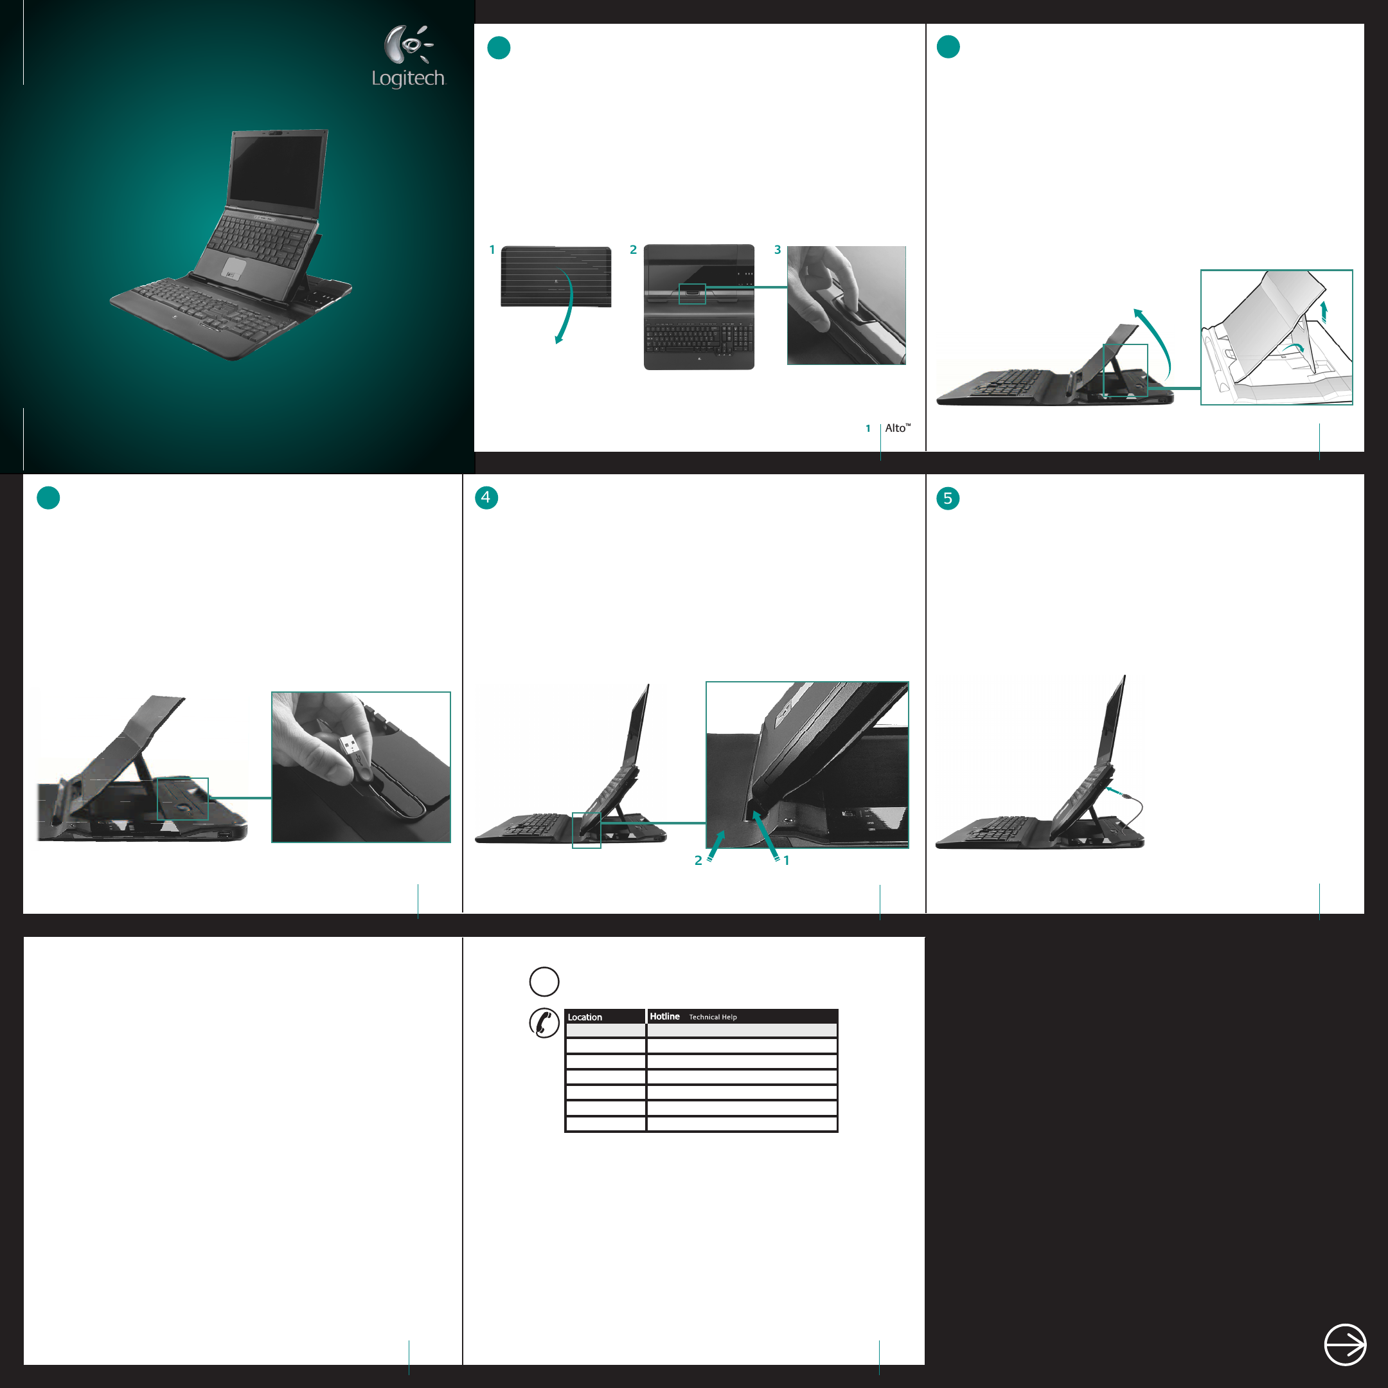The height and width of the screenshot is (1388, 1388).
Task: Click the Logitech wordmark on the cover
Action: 408,78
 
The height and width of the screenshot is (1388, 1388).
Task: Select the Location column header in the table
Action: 585,1017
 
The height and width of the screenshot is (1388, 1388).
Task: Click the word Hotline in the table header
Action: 664,1017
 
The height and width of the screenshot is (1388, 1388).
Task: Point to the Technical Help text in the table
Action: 713,1017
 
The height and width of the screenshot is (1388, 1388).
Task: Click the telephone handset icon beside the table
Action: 544,1023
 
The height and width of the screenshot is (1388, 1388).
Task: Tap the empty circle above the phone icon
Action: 544,981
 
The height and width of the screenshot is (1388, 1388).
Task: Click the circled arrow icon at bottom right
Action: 1345,1344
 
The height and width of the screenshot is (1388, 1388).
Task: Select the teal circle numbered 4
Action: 486,498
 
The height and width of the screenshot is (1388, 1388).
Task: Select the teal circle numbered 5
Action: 948,499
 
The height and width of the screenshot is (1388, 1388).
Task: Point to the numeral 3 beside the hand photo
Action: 778,250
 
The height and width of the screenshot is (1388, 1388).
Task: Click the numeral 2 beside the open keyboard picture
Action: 633,250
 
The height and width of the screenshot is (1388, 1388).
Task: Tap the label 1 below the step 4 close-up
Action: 787,860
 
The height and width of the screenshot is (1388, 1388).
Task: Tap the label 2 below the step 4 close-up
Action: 698,860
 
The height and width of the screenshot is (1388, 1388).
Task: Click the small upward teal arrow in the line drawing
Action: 1324,311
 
